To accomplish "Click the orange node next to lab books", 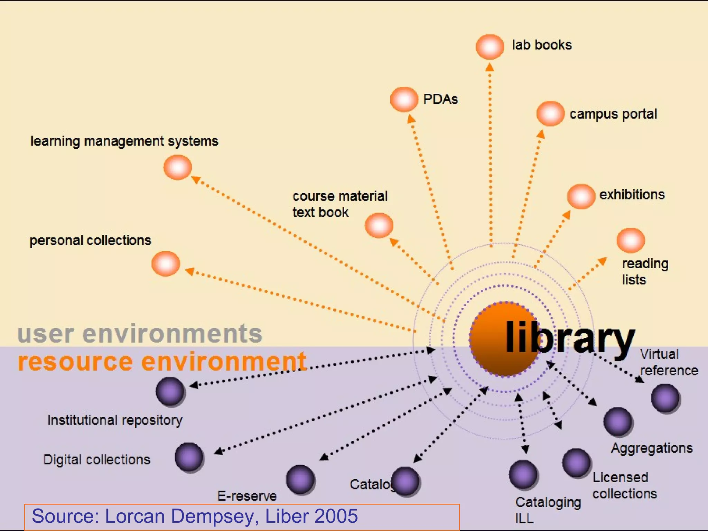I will click(x=490, y=47).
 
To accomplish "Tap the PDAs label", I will click(x=440, y=99).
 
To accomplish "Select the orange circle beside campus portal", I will click(x=550, y=113).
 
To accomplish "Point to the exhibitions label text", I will click(x=632, y=195).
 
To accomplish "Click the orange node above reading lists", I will click(x=631, y=240).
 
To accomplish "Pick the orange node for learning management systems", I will click(x=178, y=167).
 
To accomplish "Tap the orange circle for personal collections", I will click(x=166, y=264).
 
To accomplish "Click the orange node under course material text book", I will click(x=379, y=225).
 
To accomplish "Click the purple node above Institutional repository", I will click(x=170, y=391).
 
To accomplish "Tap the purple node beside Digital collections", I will click(x=189, y=457).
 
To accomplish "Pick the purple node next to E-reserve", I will click(x=300, y=479).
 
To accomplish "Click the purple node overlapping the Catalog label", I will click(x=406, y=481).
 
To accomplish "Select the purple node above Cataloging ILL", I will click(x=523, y=475).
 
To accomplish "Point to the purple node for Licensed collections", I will click(x=576, y=463).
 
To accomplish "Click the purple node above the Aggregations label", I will click(x=618, y=421).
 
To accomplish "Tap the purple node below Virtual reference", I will click(x=665, y=398).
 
